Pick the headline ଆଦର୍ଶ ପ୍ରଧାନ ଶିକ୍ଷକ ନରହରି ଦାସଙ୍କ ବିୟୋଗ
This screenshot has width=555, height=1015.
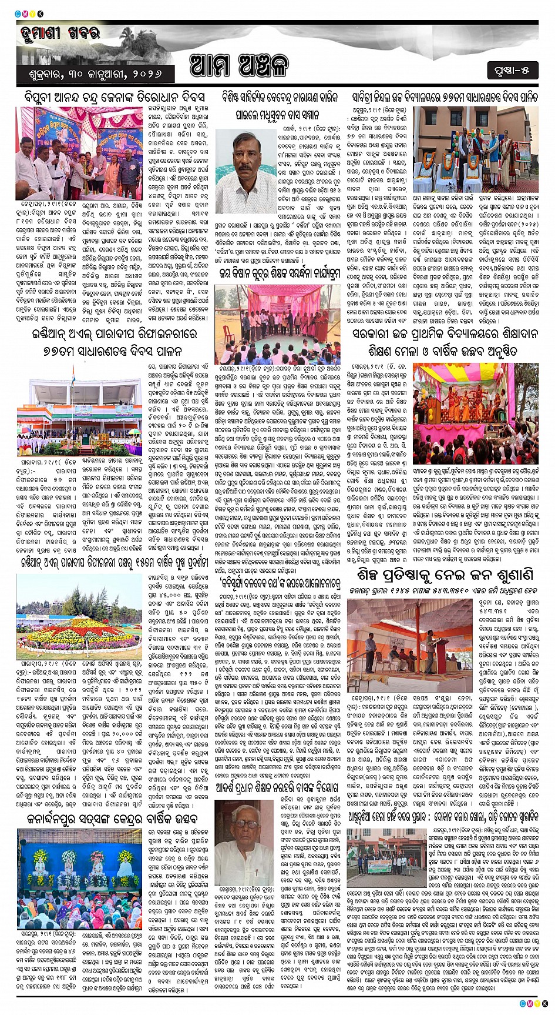tap(275, 787)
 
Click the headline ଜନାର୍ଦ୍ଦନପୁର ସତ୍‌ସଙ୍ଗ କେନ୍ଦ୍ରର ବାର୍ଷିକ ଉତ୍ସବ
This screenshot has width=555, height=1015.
tap(112, 819)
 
